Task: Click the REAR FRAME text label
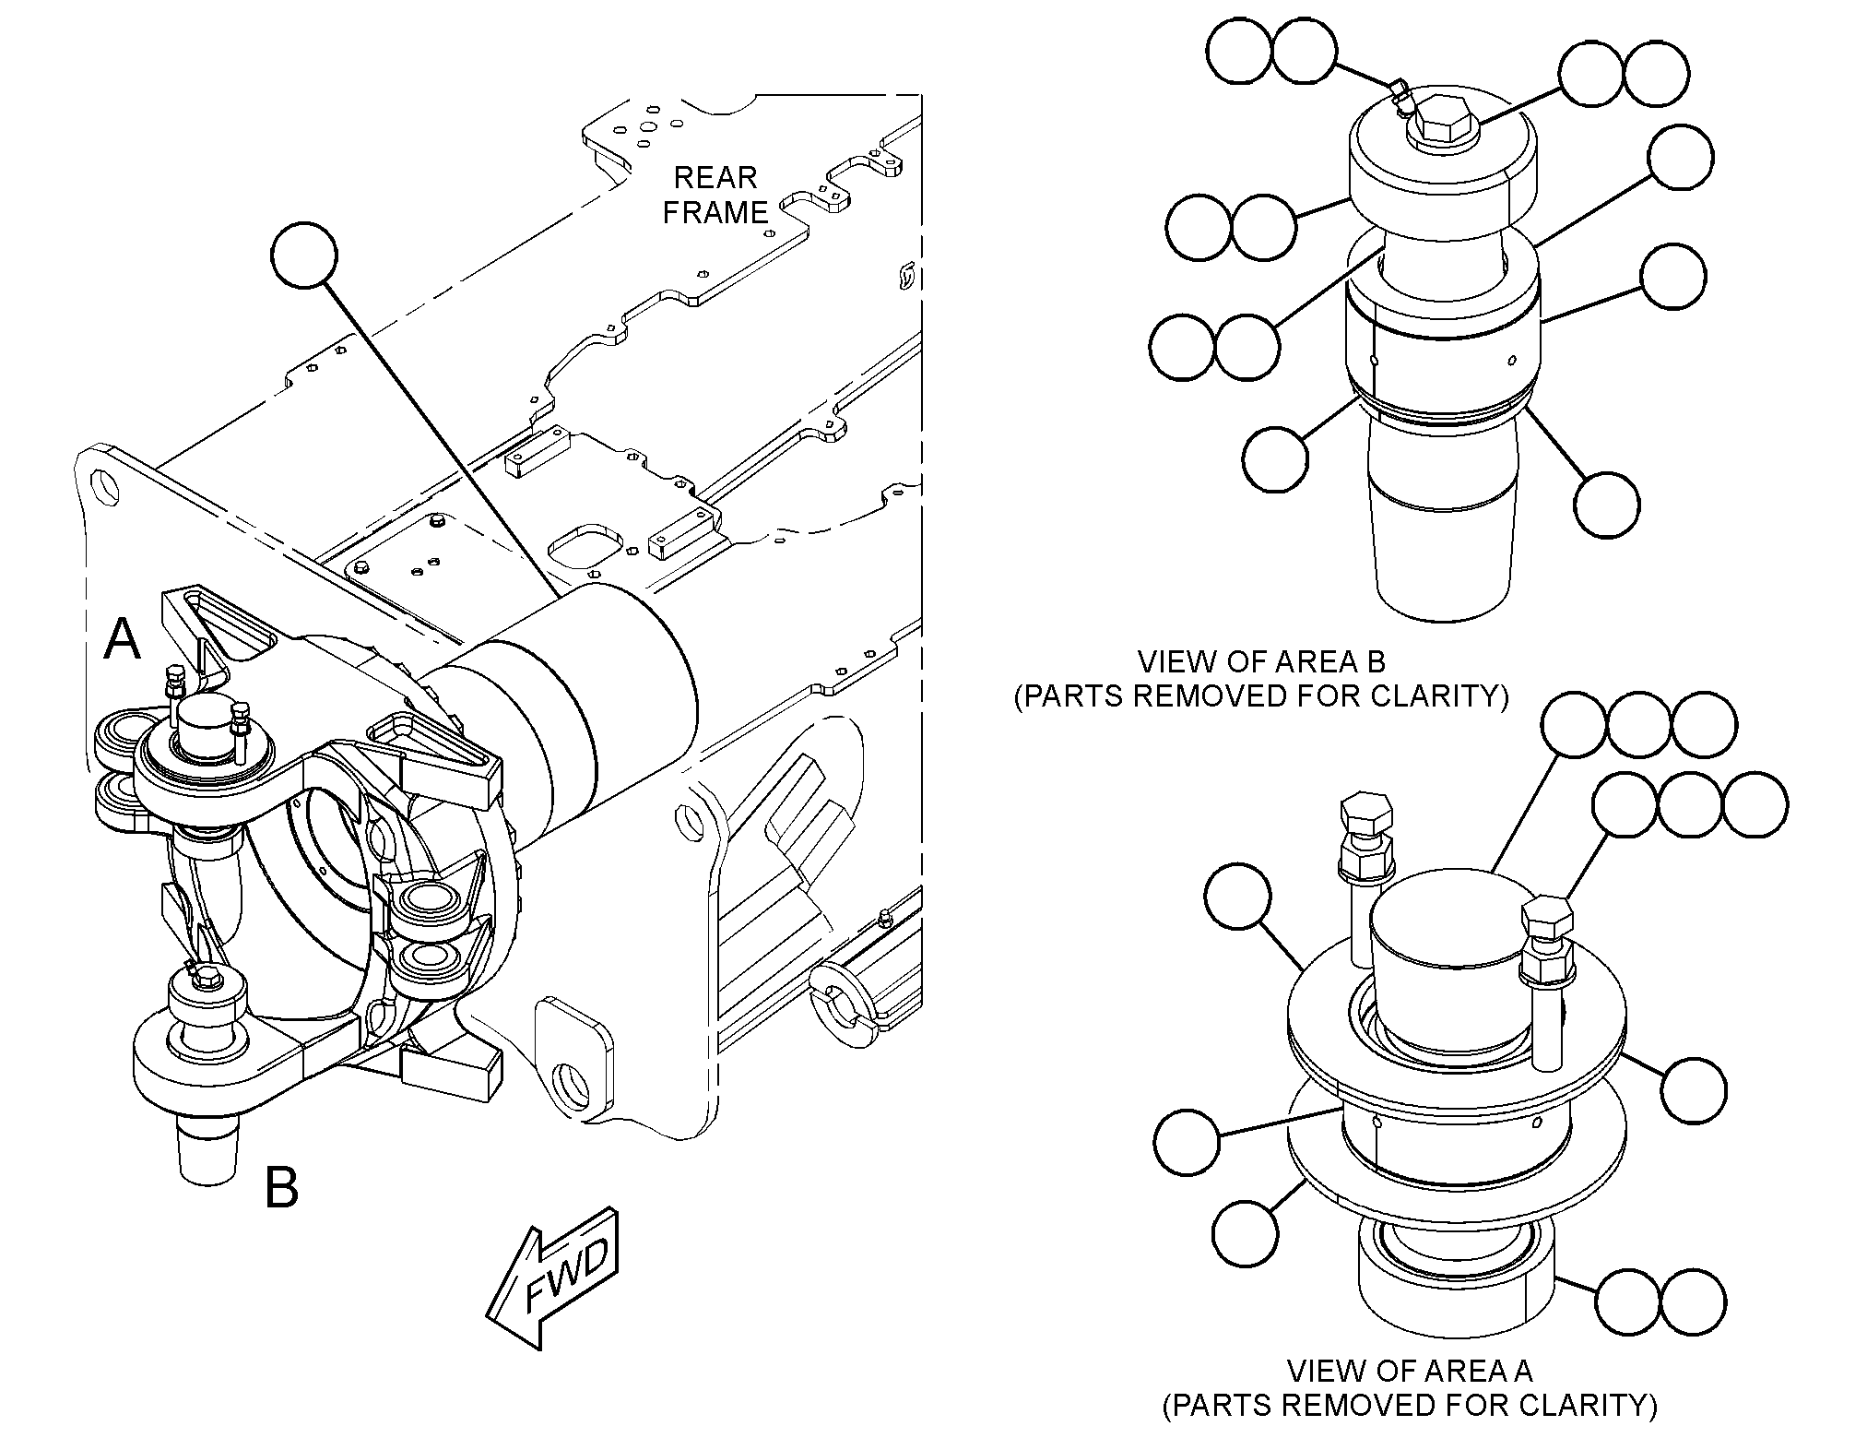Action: (x=715, y=195)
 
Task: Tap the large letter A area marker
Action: (x=122, y=639)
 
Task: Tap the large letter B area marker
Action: (x=281, y=1188)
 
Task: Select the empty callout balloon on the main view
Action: (x=305, y=255)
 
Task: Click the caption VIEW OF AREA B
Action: (x=1261, y=661)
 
